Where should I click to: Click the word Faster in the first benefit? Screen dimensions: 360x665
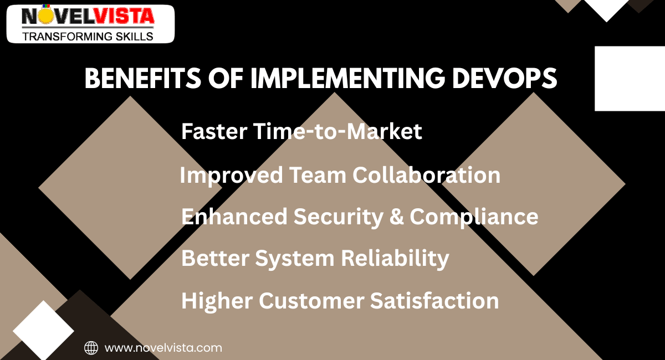pyautogui.click(x=214, y=132)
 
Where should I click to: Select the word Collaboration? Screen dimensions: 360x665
pyautogui.click(x=427, y=176)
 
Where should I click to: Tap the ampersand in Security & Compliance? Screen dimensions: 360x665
pyautogui.click(x=396, y=217)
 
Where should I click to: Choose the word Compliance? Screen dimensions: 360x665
pyautogui.click(x=474, y=217)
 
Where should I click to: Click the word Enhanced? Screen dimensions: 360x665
pyautogui.click(x=234, y=217)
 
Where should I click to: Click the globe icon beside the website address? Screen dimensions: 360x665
pyautogui.click(x=91, y=348)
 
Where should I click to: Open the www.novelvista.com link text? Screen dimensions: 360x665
pyautogui.click(x=163, y=348)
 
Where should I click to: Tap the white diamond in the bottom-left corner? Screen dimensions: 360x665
pyautogui.click(x=43, y=330)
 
